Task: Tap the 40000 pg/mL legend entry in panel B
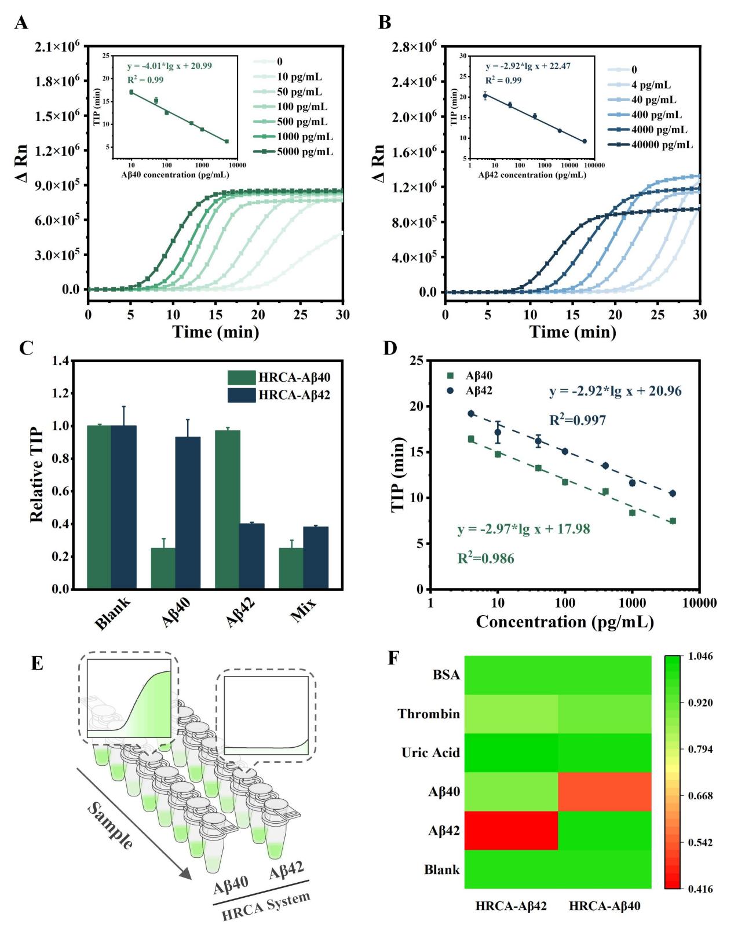pos(662,145)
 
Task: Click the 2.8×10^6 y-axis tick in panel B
pos(414,47)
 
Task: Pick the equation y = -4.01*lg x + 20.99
pos(169,67)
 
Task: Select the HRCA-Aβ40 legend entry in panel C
pos(294,378)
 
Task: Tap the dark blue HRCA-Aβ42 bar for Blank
pos(123,507)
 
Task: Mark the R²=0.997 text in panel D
pos(578,421)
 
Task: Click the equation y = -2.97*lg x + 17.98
pos(524,529)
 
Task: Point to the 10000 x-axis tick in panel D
pos(699,603)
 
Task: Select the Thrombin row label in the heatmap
pos(429,714)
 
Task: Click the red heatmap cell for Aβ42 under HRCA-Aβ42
pos(511,831)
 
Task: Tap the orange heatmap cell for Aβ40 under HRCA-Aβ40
pos(604,792)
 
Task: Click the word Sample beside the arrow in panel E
pos(110,825)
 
